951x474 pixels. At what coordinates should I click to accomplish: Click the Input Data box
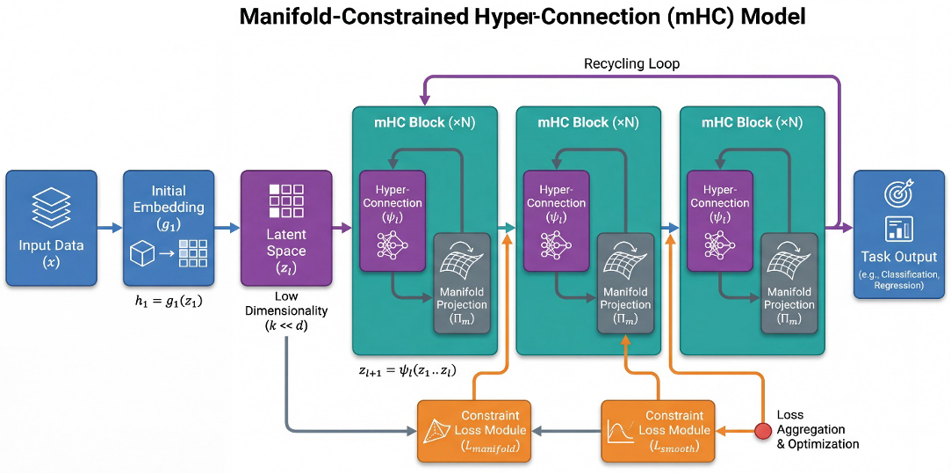[x=51, y=229]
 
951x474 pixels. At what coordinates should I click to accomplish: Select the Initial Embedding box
[x=168, y=229]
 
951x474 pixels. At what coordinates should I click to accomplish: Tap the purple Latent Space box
[x=286, y=229]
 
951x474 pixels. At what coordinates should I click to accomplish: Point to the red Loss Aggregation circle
[x=763, y=431]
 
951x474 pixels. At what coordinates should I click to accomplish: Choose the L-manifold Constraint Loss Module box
[x=475, y=431]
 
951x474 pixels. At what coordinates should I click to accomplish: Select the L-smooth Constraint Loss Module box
[x=658, y=431]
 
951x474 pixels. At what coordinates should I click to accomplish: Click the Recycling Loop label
[x=631, y=64]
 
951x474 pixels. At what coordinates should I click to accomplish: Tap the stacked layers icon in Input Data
[x=51, y=207]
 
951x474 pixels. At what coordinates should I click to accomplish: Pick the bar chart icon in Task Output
[x=898, y=230]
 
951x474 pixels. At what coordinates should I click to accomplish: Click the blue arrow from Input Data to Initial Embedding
[x=110, y=229]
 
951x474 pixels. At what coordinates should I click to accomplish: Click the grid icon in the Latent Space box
[x=286, y=200]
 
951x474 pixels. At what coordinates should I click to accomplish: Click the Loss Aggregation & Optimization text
[x=818, y=429]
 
